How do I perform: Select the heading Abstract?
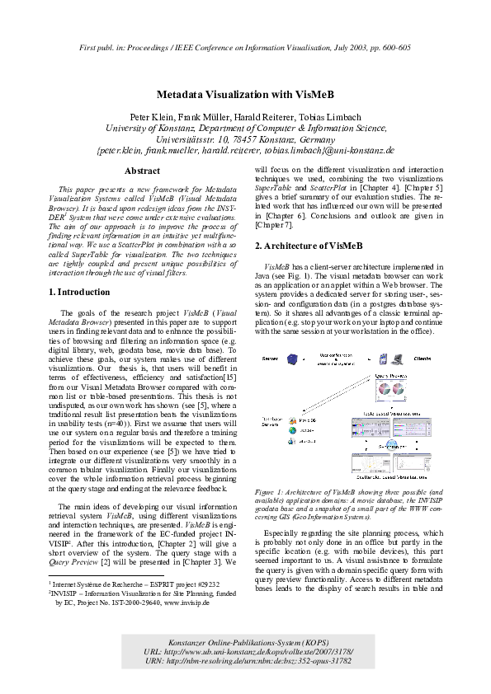pos(141,171)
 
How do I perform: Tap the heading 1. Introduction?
pos(78,292)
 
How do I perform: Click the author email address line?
pos(245,151)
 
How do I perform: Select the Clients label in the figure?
pos(428,359)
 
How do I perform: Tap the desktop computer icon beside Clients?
pos(399,359)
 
